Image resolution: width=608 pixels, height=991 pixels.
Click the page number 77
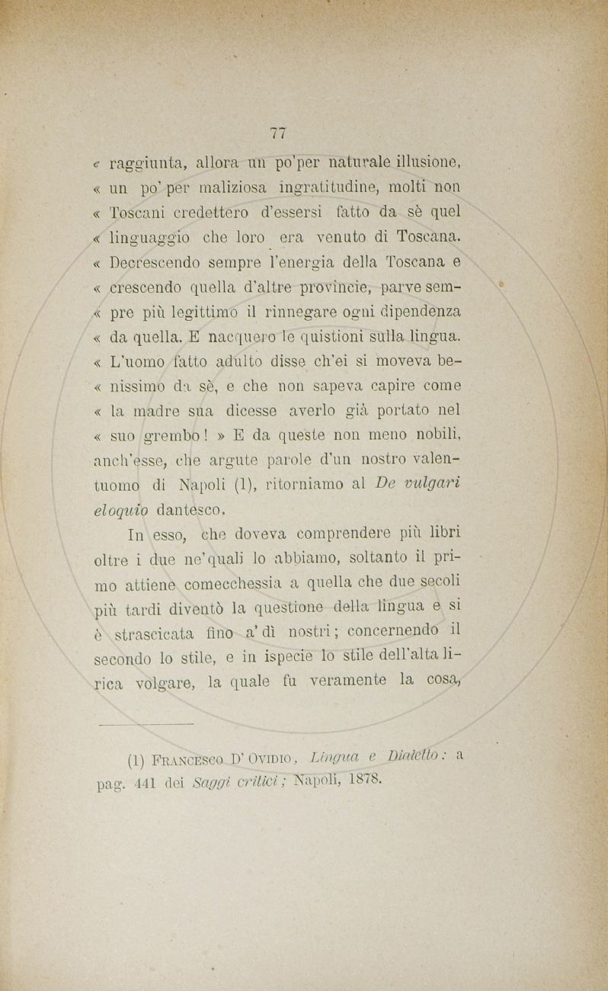coord(278,133)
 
